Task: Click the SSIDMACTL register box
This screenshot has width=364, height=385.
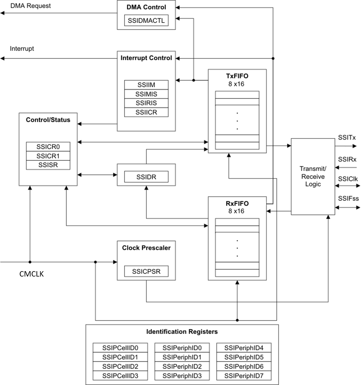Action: pyautogui.click(x=146, y=21)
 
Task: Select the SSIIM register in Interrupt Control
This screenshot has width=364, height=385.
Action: pyautogui.click(x=146, y=85)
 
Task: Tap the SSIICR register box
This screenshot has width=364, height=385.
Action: pyautogui.click(x=146, y=112)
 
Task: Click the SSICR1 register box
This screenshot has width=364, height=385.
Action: pyautogui.click(x=48, y=156)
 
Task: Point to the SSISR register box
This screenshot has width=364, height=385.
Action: pyautogui.click(x=48, y=165)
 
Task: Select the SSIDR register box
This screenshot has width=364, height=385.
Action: pyautogui.click(x=146, y=177)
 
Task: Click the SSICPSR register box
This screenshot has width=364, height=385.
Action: pyautogui.click(x=146, y=271)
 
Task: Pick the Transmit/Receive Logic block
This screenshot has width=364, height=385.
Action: pyautogui.click(x=313, y=176)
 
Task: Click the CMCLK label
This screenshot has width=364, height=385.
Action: pyautogui.click(x=32, y=274)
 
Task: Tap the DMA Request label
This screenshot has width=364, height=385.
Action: pyautogui.click(x=30, y=6)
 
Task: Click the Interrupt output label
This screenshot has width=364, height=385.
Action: pyautogui.click(x=22, y=49)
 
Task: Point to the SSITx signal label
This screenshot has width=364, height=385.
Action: pyautogui.click(x=347, y=138)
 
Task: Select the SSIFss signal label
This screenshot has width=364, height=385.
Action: pyautogui.click(x=348, y=198)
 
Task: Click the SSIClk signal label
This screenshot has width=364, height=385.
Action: pyautogui.click(x=348, y=179)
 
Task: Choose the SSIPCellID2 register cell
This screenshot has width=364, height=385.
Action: pyautogui.click(x=120, y=367)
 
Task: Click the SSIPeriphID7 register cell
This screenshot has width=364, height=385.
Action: pyautogui.click(x=244, y=376)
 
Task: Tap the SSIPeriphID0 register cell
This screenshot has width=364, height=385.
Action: pyautogui.click(x=182, y=348)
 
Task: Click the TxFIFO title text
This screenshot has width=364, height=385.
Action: pyautogui.click(x=237, y=76)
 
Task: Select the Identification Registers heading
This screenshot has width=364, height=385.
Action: pyautogui.click(x=182, y=332)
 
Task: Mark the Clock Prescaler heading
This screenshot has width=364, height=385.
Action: pyautogui.click(x=146, y=248)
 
